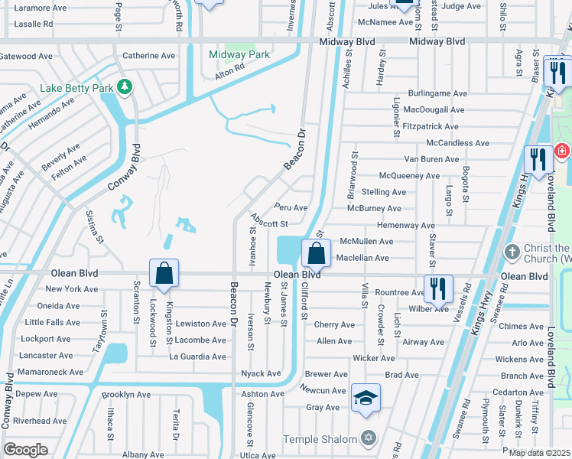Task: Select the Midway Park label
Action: click(239, 54)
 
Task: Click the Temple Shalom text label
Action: click(320, 439)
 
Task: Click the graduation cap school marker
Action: click(366, 399)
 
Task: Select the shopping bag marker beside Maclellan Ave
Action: click(316, 252)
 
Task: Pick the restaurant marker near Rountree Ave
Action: click(438, 288)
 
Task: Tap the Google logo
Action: click(25, 450)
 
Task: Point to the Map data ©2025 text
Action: click(539, 453)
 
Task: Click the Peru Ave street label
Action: click(291, 207)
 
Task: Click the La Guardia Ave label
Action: click(197, 356)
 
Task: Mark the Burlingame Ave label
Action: click(437, 93)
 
